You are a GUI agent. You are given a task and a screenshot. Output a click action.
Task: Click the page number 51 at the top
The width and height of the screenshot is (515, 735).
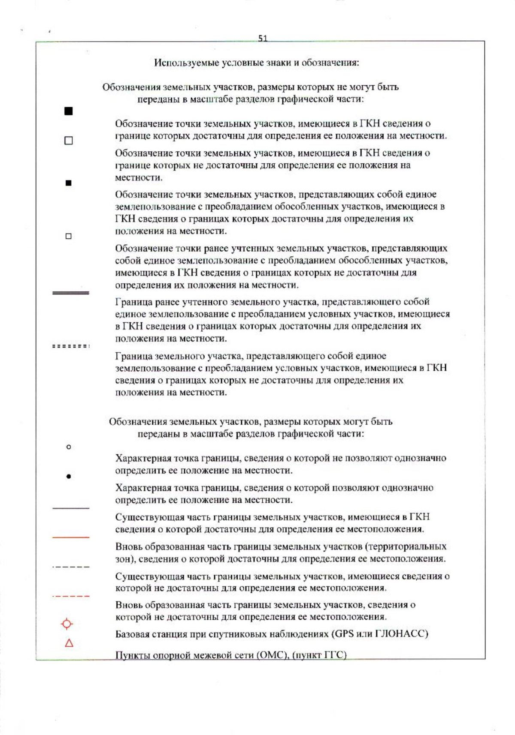point(263,38)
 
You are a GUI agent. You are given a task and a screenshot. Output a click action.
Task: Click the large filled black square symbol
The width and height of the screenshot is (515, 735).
point(68,111)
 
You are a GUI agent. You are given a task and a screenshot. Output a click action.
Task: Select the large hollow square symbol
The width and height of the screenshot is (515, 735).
point(68,141)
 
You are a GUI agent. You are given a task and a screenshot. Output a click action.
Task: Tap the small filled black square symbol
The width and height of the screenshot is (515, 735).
point(68,183)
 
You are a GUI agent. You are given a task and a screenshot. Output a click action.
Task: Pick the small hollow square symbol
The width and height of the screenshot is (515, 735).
point(68,236)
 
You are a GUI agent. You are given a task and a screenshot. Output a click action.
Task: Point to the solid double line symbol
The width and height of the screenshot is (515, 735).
point(70,293)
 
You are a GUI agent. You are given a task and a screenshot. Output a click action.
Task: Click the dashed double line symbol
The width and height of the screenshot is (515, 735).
point(70,346)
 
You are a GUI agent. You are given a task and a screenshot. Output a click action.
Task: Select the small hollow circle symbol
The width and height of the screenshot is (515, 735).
point(68,447)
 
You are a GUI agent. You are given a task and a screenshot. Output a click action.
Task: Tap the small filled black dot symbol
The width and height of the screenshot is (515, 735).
point(68,476)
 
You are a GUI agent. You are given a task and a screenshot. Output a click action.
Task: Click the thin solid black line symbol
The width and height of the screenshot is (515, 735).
point(70,508)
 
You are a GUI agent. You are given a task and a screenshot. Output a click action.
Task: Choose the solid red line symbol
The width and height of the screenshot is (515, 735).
point(70,537)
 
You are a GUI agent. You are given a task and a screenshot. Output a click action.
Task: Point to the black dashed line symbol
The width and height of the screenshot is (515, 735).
point(70,567)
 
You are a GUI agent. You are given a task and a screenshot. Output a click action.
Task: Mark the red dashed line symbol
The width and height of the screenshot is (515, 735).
point(70,596)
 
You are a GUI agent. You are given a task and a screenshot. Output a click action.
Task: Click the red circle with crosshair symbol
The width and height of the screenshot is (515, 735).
point(67,624)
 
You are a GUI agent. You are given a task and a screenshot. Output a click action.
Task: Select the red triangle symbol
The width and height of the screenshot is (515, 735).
point(69,643)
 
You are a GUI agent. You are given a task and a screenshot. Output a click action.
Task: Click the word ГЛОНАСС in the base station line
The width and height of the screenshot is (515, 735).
point(401,634)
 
